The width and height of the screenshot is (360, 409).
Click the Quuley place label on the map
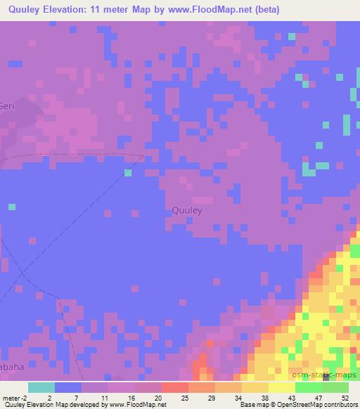tap(187, 209)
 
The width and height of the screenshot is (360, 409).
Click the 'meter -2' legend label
tap(13, 397)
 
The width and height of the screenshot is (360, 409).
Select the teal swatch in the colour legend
tap(41, 387)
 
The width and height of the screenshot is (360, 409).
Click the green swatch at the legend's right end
tap(335, 387)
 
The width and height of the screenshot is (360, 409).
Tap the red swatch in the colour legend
tap(175, 387)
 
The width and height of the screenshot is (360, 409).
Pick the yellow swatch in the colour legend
tap(282, 387)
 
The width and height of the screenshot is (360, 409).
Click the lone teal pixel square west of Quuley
tap(128, 172)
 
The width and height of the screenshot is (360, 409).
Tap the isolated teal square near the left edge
tap(12, 207)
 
